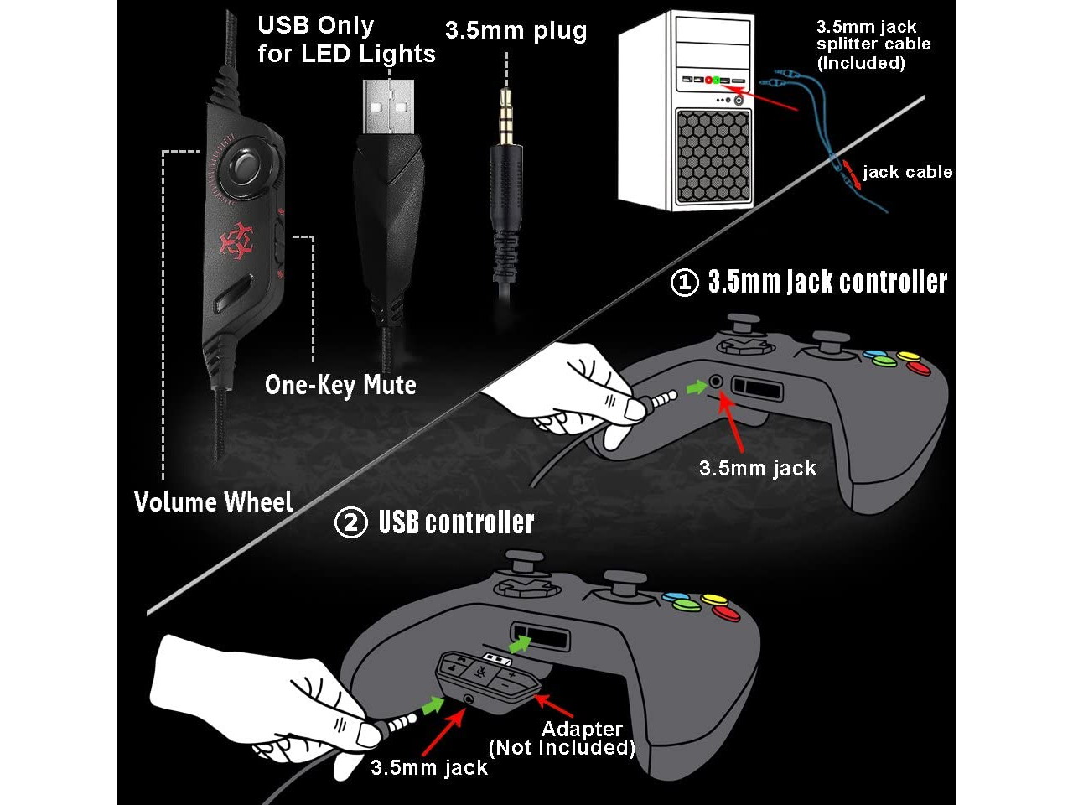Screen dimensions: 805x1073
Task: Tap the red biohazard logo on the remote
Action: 236,241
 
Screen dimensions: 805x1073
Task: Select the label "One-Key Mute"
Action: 340,386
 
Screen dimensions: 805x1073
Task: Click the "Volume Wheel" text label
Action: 214,502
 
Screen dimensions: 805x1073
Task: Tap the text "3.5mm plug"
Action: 516,31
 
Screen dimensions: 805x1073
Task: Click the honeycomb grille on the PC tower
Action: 713,154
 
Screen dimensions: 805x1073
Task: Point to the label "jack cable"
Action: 907,172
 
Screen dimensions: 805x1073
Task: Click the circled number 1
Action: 684,283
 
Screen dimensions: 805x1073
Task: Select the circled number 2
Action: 350,522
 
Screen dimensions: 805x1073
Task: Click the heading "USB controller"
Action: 456,522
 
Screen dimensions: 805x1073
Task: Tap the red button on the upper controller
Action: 920,367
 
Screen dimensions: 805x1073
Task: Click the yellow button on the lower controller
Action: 714,600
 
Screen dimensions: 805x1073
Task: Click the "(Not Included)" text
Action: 562,747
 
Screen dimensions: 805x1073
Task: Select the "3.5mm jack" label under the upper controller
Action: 758,469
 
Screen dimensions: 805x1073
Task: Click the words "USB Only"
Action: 315,25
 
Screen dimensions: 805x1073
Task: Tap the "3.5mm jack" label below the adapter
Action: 429,767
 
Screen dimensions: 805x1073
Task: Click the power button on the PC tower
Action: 738,101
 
